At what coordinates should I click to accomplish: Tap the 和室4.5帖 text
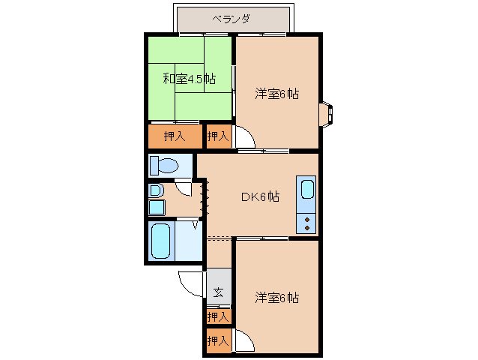click(190, 78)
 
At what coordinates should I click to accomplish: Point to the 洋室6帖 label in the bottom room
click(276, 297)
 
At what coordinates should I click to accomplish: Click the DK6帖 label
click(260, 196)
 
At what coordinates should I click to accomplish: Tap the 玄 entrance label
click(218, 292)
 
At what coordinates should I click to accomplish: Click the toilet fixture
click(165, 165)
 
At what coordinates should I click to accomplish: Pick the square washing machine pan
click(156, 207)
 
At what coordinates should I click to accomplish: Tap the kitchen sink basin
click(307, 190)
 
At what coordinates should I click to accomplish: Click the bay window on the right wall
click(328, 112)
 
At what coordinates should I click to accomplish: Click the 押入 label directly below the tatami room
click(175, 136)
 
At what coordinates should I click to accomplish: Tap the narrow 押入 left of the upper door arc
click(217, 136)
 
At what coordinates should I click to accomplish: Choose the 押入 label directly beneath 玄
click(218, 317)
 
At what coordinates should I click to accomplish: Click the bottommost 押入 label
click(218, 341)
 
